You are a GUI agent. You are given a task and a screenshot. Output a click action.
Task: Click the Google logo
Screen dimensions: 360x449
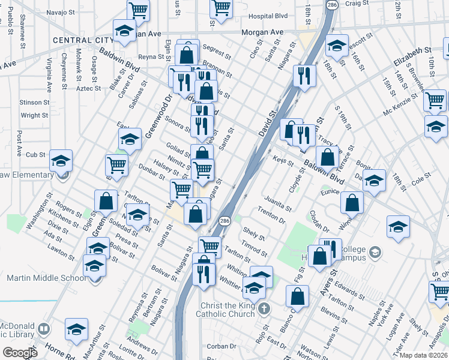click(x=20, y=352)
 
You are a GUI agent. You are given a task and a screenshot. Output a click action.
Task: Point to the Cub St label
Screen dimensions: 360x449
click(x=36, y=154)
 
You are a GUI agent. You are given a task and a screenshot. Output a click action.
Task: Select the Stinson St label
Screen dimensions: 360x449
click(x=34, y=103)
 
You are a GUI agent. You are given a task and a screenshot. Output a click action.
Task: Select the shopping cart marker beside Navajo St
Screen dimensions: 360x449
click(x=139, y=10)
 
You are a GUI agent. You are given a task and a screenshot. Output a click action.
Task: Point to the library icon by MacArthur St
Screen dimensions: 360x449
click(x=43, y=329)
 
